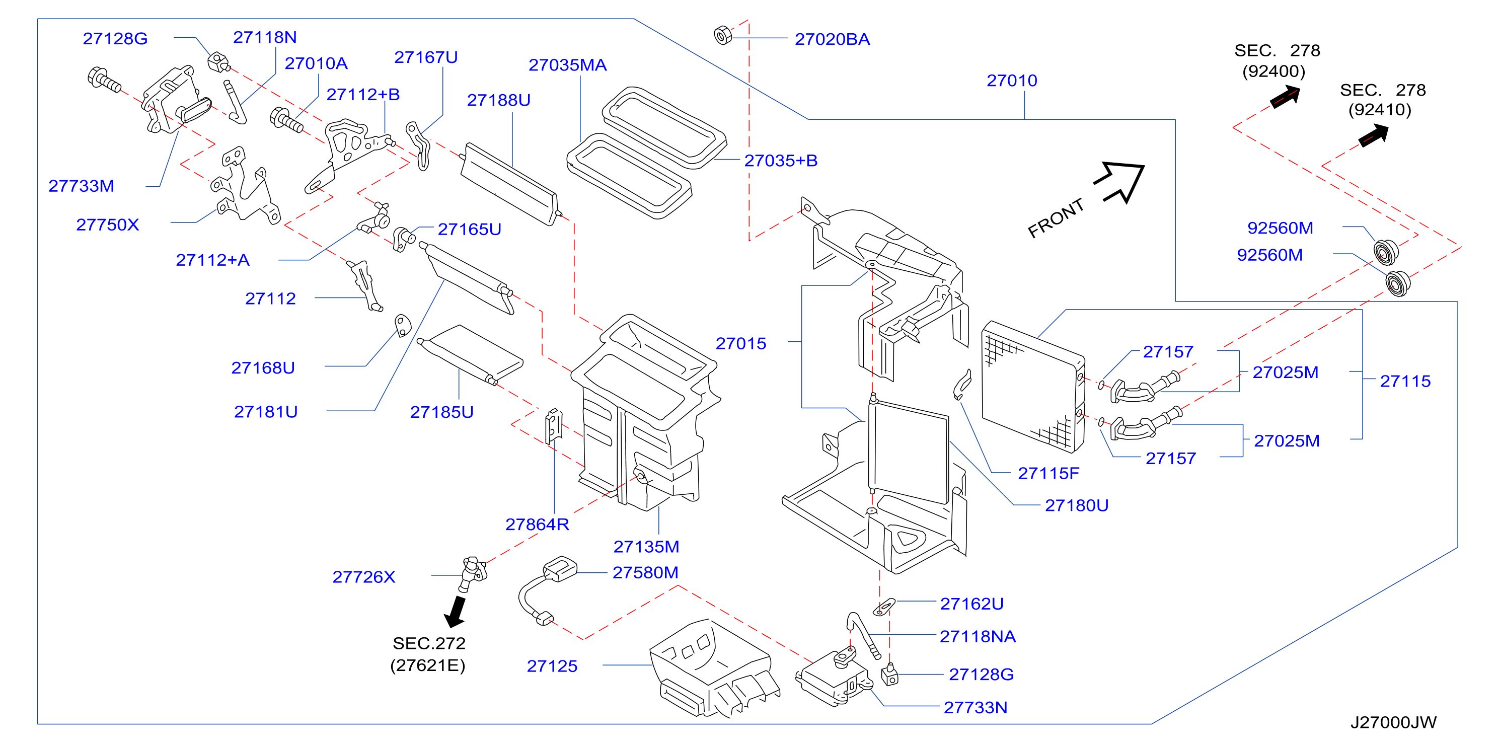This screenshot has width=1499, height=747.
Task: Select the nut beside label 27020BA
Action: pyautogui.click(x=723, y=36)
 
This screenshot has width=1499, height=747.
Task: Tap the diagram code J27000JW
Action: pyautogui.click(x=1393, y=722)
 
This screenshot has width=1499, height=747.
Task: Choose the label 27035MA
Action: pyautogui.click(x=567, y=65)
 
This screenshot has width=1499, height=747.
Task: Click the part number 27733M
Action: pyautogui.click(x=82, y=186)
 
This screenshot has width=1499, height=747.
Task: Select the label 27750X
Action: pyautogui.click(x=108, y=225)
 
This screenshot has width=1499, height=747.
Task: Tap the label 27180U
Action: pyautogui.click(x=1077, y=505)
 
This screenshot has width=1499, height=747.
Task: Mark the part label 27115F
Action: pyautogui.click(x=1048, y=474)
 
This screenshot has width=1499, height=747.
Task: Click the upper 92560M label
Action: pyautogui.click(x=1280, y=228)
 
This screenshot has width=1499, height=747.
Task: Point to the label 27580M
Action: pyautogui.click(x=645, y=572)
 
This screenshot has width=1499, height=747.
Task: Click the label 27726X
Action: pyautogui.click(x=364, y=577)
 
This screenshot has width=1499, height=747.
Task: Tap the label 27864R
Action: pyautogui.click(x=537, y=525)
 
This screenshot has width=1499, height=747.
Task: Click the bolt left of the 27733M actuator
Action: pyautogui.click(x=104, y=80)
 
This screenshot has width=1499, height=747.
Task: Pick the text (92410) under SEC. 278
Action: pyautogui.click(x=1380, y=110)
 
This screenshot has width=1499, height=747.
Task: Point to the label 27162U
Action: pyautogui.click(x=972, y=604)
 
